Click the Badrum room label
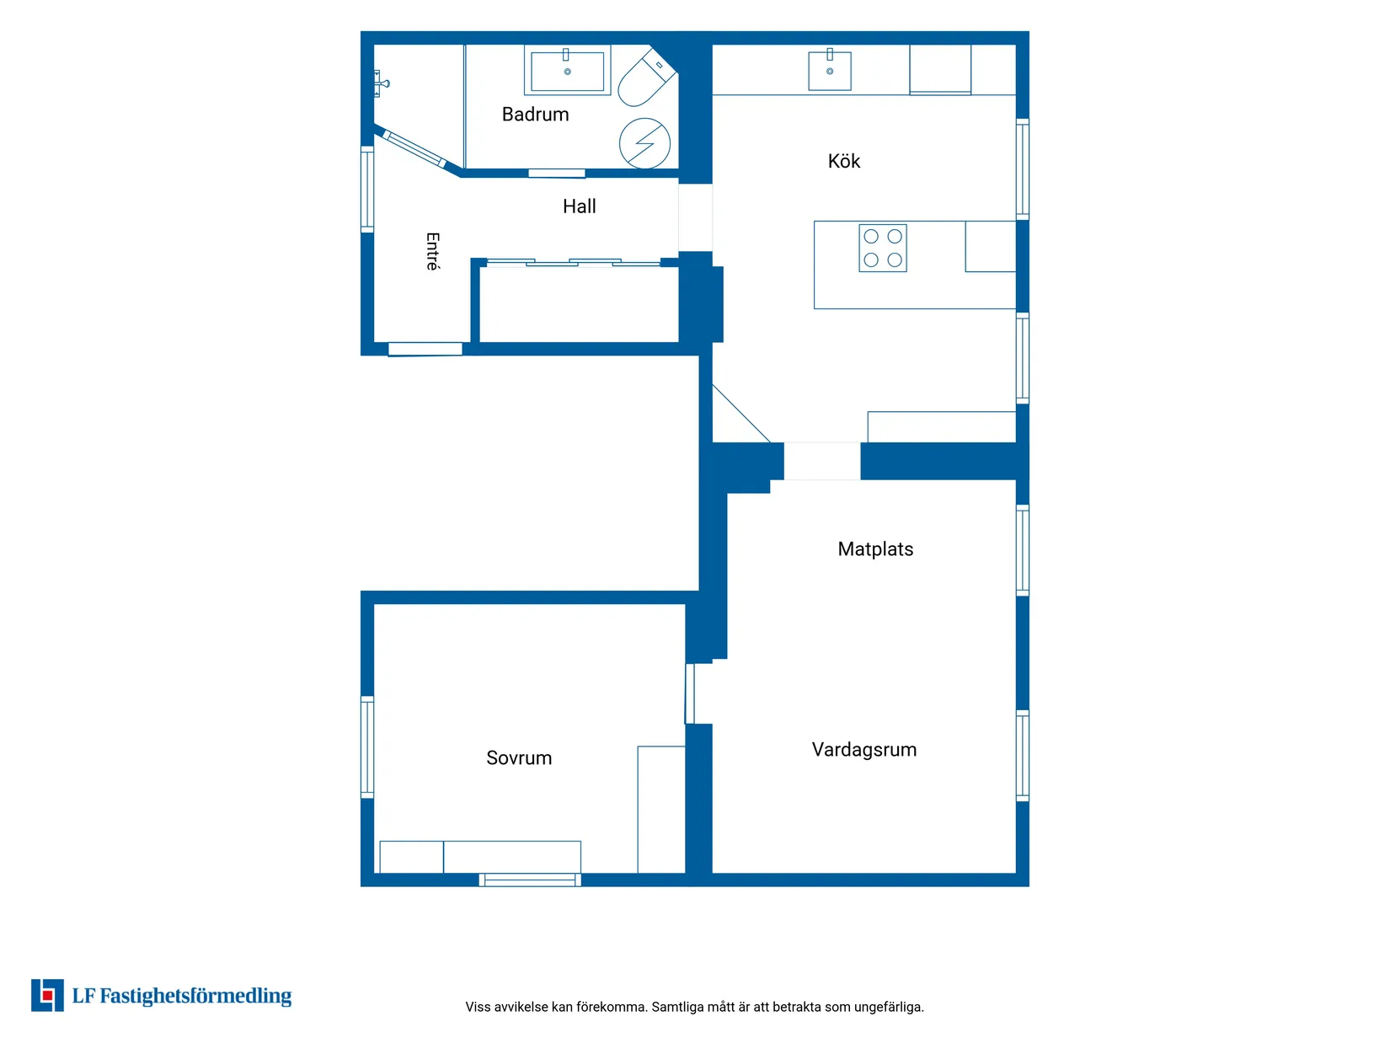coord(535,114)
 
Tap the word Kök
coord(843,161)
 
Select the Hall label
coord(579,206)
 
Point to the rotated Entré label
coord(432,251)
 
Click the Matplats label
coord(875,548)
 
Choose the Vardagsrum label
coord(863,749)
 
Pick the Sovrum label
coord(519,757)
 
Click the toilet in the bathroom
coord(646,78)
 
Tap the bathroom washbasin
coord(567,70)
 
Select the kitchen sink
coord(830,70)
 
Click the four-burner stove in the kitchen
coord(882,248)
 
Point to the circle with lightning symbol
coord(644,143)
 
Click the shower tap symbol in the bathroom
coord(381,83)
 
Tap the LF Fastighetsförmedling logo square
coord(47,995)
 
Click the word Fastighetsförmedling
coord(195,996)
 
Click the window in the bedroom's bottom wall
coord(529,879)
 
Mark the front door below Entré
coord(425,349)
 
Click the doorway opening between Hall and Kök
coord(695,217)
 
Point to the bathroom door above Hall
coord(557,173)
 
